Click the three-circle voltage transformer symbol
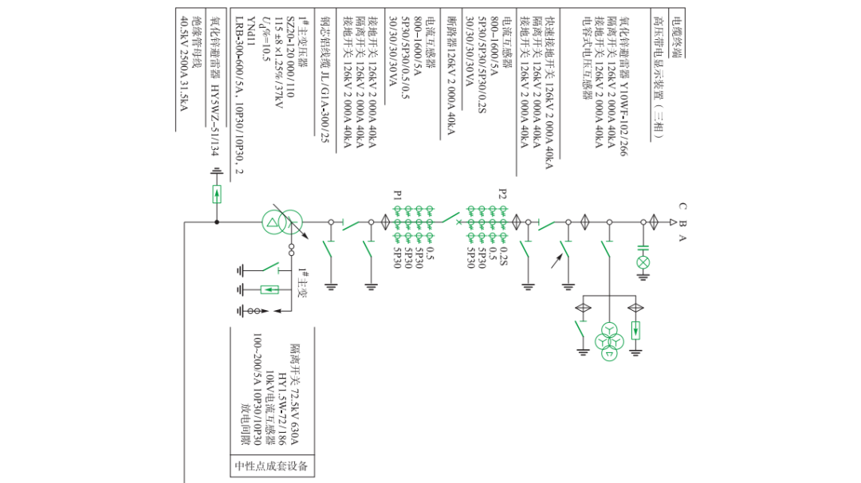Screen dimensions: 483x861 click(x=610, y=340)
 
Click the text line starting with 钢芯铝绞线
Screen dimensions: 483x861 click(x=324, y=79)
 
